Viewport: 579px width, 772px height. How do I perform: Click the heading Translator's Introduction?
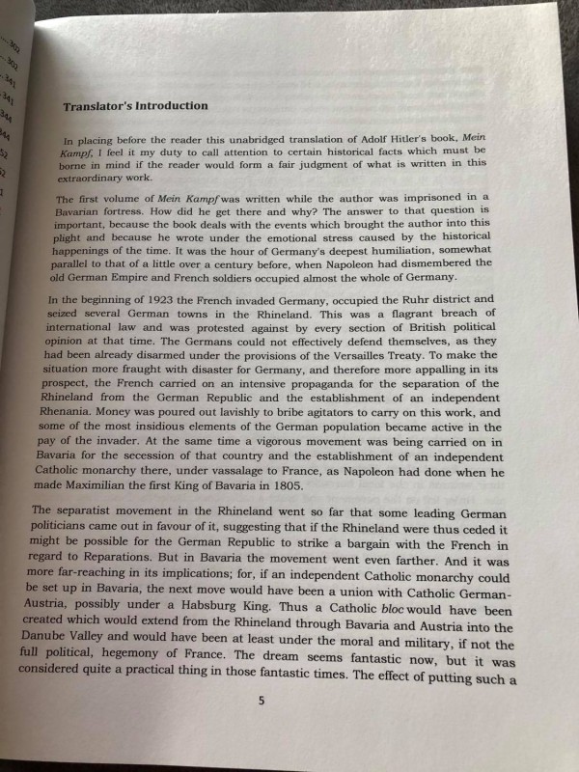coord(135,106)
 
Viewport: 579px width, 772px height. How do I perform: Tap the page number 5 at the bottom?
coord(261,702)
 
